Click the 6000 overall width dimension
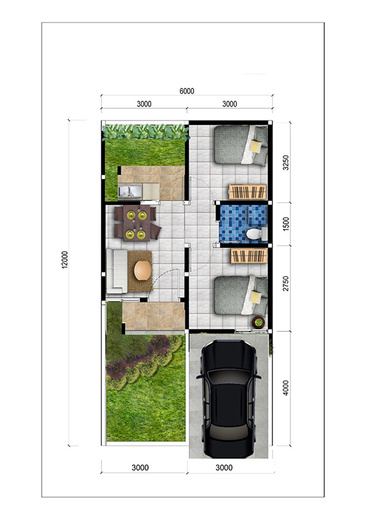(187, 91)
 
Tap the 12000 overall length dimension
(65, 259)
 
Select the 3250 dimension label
(286, 162)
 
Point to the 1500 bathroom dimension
(286, 224)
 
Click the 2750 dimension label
(286, 284)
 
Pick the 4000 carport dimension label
(286, 387)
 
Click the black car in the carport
(228, 398)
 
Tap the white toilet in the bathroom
(257, 234)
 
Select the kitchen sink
(130, 191)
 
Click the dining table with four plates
(137, 223)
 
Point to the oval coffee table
(143, 271)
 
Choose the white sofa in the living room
(117, 271)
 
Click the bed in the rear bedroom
(241, 145)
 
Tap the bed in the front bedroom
(241, 295)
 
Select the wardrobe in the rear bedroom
(247, 192)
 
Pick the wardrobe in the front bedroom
(249, 256)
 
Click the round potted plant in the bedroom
(258, 321)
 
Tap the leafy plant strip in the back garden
(146, 132)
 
